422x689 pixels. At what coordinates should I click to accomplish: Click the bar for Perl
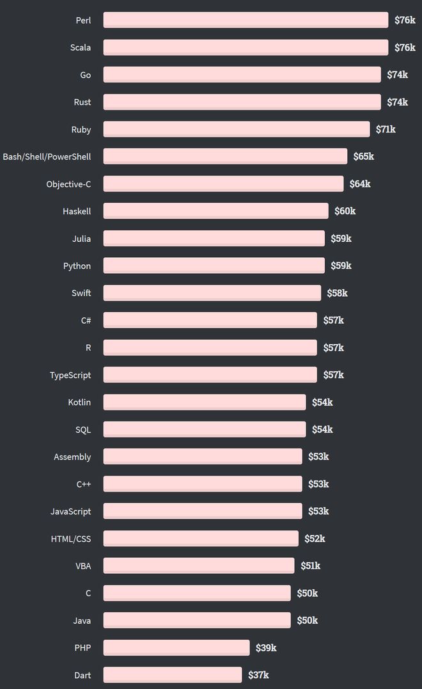[x=246, y=20]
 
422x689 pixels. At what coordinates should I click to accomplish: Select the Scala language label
[x=81, y=47]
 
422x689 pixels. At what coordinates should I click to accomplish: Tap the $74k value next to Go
[x=398, y=75]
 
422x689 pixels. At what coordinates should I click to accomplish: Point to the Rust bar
[x=242, y=102]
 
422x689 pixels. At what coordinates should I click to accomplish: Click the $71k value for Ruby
[x=386, y=129]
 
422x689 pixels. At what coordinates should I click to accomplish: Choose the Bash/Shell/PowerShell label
[x=47, y=157]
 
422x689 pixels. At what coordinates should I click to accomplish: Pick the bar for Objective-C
[x=223, y=184]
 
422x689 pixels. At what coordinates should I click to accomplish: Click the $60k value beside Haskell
[x=345, y=211]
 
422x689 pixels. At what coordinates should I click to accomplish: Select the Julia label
[x=82, y=239]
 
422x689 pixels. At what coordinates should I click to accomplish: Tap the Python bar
[x=214, y=265]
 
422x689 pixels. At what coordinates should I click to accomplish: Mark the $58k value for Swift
[x=337, y=292]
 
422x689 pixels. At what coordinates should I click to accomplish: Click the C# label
[x=86, y=321]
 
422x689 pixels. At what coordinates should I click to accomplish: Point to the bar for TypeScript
[x=210, y=375]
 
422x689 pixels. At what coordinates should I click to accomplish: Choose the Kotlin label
[x=79, y=402]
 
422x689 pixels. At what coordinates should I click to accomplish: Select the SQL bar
[x=205, y=429]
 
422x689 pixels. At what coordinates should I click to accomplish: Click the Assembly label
[x=72, y=457]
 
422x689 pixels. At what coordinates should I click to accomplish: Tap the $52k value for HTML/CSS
[x=315, y=538]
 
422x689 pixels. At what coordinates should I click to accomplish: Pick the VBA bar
[x=198, y=566]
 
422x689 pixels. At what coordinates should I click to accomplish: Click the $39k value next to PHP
[x=266, y=647]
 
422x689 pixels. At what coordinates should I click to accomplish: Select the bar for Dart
[x=173, y=675]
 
